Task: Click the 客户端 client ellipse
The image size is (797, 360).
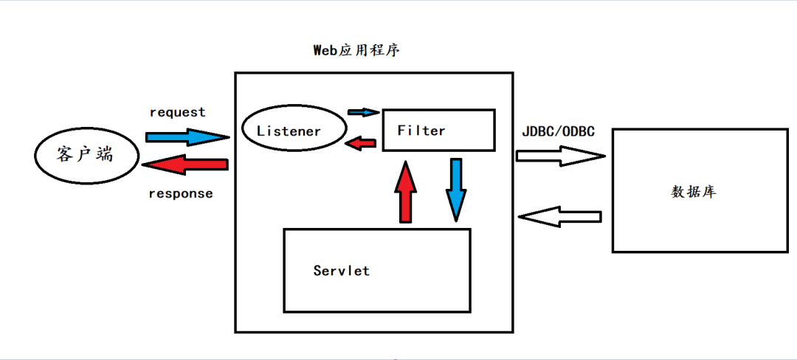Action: (x=86, y=155)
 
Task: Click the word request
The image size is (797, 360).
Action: (x=177, y=112)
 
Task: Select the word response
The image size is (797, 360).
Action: (x=181, y=194)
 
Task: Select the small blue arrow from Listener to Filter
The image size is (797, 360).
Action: (x=363, y=112)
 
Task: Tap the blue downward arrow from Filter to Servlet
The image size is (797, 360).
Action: (x=456, y=188)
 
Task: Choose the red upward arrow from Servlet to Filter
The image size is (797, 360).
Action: (x=406, y=192)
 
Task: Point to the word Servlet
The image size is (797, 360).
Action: (x=341, y=271)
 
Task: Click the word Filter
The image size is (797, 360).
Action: (x=421, y=131)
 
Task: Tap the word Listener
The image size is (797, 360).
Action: (x=289, y=131)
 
